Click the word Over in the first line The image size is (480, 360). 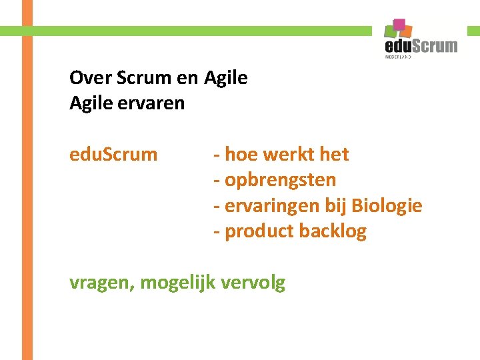click(91, 78)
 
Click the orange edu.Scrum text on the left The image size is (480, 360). click(113, 155)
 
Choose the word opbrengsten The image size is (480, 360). click(280, 180)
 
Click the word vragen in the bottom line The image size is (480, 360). click(102, 283)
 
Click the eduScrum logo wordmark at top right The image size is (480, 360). click(421, 45)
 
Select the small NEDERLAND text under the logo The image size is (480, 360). click(399, 57)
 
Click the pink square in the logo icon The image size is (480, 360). click(400, 25)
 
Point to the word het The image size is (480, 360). click(334, 155)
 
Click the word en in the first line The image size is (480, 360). click(187, 78)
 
